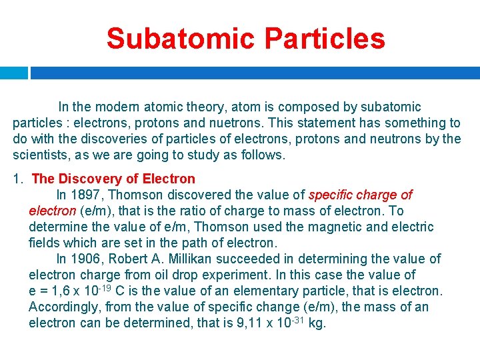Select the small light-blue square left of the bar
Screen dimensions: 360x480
13,73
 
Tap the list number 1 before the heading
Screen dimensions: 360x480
18,179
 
